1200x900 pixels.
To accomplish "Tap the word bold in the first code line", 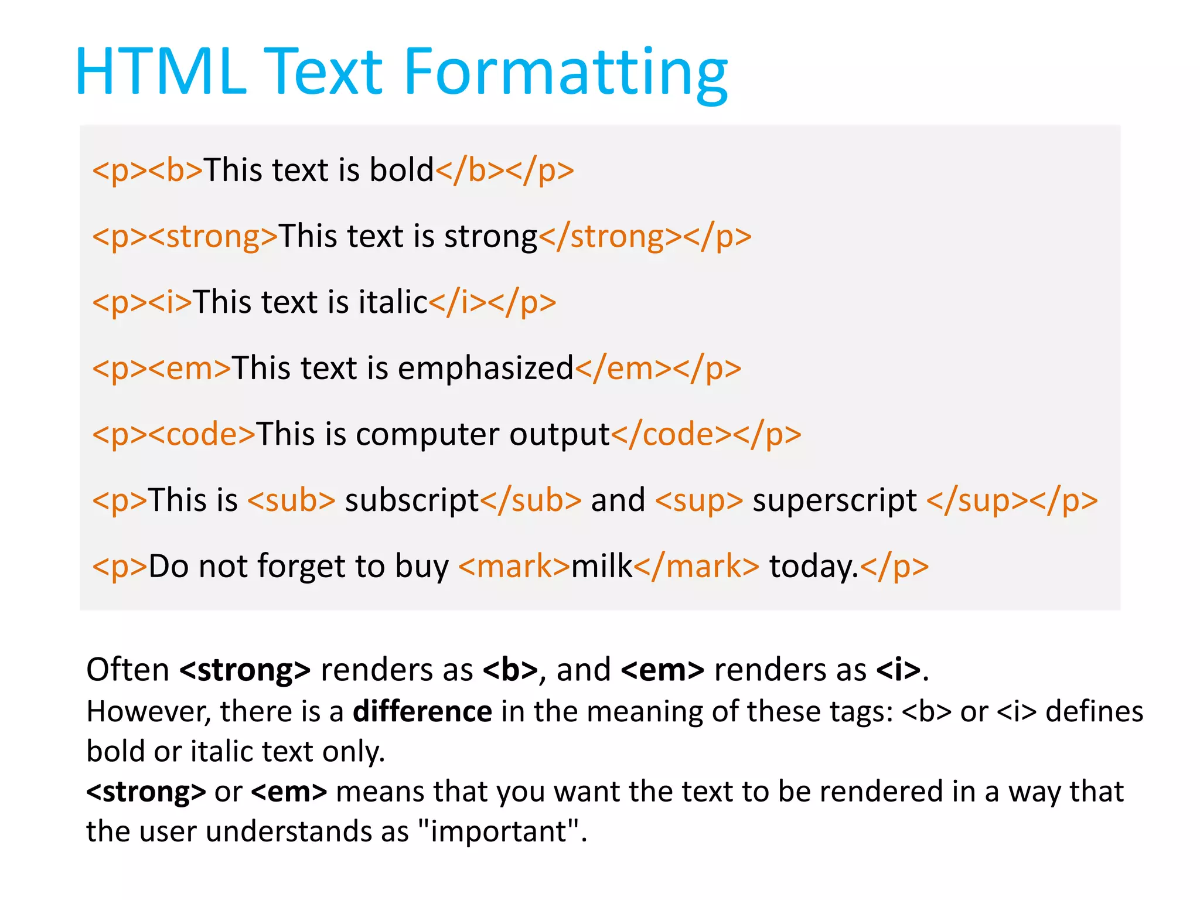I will pyautogui.click(x=401, y=170).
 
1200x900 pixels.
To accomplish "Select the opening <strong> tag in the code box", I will pyautogui.click(x=213, y=236).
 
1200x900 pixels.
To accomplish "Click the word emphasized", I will pyautogui.click(x=485, y=369).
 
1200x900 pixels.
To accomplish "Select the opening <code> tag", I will pyautogui.click(x=202, y=434).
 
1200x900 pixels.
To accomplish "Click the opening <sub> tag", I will pyautogui.click(x=291, y=500).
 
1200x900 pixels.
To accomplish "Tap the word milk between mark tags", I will pyautogui.click(x=602, y=566).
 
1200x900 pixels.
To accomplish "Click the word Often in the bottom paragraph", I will pyautogui.click(x=128, y=669).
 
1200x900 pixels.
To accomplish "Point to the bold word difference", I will pyautogui.click(x=422, y=711).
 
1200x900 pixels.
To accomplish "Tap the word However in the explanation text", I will pyautogui.click(x=148, y=711).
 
